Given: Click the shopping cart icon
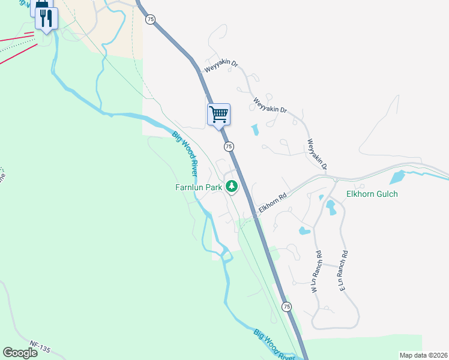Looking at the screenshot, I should pyautogui.click(x=218, y=113).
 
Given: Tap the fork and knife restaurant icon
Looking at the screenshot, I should pyautogui.click(x=46, y=18).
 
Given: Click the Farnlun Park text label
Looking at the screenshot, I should pyautogui.click(x=198, y=187).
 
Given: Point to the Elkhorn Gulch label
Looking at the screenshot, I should pyautogui.click(x=372, y=194).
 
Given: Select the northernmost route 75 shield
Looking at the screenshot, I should pyautogui.click(x=150, y=19).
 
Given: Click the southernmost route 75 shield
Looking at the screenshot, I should pyautogui.click(x=287, y=307).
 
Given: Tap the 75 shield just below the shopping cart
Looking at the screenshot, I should pyautogui.click(x=228, y=146).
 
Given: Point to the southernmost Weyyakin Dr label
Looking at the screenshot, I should pyautogui.click(x=316, y=154).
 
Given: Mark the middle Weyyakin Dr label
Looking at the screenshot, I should pyautogui.click(x=270, y=105).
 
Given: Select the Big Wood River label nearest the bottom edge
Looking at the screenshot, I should pyautogui.click(x=274, y=345).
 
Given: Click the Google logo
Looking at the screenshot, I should pyautogui.click(x=20, y=352).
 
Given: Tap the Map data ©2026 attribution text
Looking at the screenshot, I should pyautogui.click(x=423, y=355).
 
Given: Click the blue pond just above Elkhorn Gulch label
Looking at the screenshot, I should pyautogui.click(x=397, y=177).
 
